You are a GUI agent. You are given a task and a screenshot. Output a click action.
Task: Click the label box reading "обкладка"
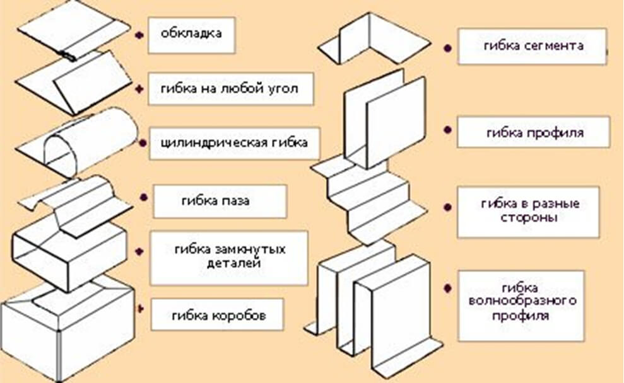(x=191, y=34)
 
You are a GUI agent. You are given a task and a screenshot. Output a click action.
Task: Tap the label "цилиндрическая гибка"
(x=233, y=143)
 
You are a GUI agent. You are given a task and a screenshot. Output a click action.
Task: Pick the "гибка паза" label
(x=220, y=202)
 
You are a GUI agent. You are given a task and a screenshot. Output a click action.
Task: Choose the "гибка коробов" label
(x=217, y=314)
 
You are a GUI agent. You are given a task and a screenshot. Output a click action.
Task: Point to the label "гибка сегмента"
(x=533, y=46)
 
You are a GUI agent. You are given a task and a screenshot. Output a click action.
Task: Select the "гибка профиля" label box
(x=533, y=132)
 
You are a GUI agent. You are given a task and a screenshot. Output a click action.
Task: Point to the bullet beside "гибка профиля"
(x=447, y=130)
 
